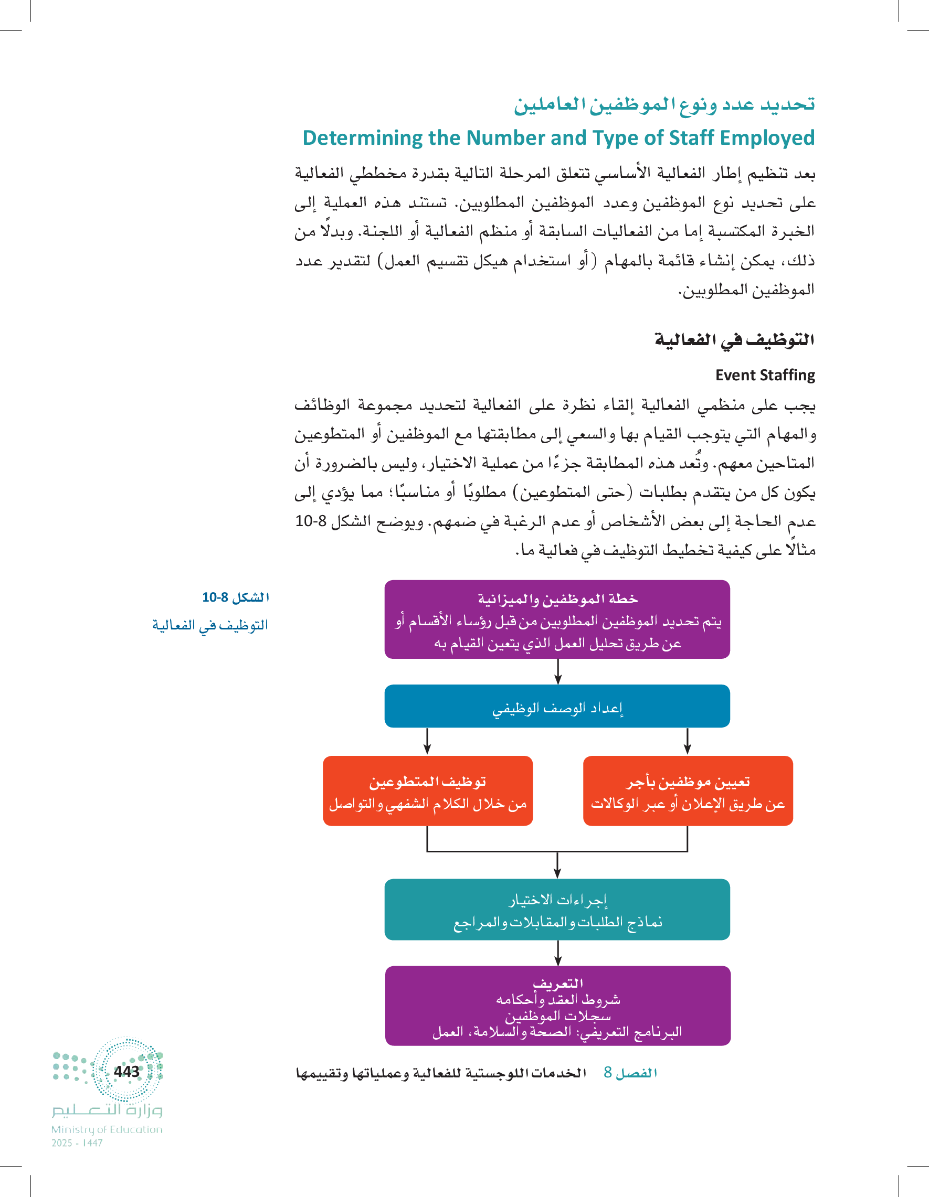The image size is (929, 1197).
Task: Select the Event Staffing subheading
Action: coord(765,375)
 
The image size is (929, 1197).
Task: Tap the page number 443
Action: coord(126,1071)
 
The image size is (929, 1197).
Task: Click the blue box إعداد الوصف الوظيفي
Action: coord(557,707)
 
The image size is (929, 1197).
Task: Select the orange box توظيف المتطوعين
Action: coord(428,791)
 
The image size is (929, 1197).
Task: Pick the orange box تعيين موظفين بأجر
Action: coord(688,791)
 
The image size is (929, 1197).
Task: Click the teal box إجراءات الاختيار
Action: coord(557,910)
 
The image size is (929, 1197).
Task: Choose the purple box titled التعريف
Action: coord(557,1006)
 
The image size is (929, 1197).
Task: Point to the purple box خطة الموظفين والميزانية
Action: coord(557,620)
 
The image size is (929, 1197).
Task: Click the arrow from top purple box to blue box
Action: coord(558,672)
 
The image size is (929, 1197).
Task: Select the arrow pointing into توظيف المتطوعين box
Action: coord(427,742)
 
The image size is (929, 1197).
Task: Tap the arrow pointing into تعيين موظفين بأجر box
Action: coord(687,742)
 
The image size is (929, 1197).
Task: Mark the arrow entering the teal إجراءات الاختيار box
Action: coord(557,866)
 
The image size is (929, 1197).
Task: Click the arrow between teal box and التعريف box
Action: coord(558,953)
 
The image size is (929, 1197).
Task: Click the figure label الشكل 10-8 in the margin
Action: coord(235,597)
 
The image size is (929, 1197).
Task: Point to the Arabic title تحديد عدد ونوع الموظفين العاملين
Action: coord(663,104)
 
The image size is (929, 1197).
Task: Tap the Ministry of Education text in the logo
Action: coord(107,1129)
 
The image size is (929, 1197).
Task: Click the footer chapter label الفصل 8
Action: coord(630,1073)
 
